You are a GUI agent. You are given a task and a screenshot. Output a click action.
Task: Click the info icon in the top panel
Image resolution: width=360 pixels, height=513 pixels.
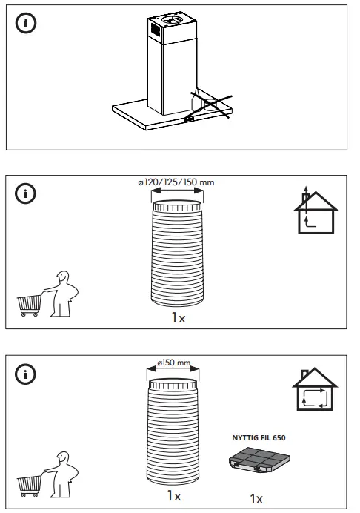click(27, 23)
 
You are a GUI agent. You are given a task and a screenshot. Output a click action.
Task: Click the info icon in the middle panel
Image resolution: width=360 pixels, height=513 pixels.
click(27, 193)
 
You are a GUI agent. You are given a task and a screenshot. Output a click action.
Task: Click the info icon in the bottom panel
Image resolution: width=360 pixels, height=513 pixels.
click(27, 374)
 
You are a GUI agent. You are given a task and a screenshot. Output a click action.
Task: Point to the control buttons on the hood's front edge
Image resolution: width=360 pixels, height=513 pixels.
click(189, 116)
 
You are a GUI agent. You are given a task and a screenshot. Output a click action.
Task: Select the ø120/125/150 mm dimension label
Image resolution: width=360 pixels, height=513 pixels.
click(175, 182)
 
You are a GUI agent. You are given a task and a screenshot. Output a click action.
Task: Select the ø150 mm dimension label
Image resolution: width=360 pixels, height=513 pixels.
click(173, 363)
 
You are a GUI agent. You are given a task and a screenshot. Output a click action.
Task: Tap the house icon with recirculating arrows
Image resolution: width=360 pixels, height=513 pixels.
click(314, 389)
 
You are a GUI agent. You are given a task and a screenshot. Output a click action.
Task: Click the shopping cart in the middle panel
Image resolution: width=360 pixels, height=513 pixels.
click(29, 304)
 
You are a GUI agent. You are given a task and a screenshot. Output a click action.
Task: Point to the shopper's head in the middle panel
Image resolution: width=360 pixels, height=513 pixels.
click(64, 278)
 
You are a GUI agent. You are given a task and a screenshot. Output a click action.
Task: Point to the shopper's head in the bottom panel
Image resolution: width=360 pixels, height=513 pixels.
click(64, 459)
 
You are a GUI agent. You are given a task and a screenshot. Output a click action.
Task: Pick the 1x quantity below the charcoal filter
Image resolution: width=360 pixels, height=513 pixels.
click(256, 497)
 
